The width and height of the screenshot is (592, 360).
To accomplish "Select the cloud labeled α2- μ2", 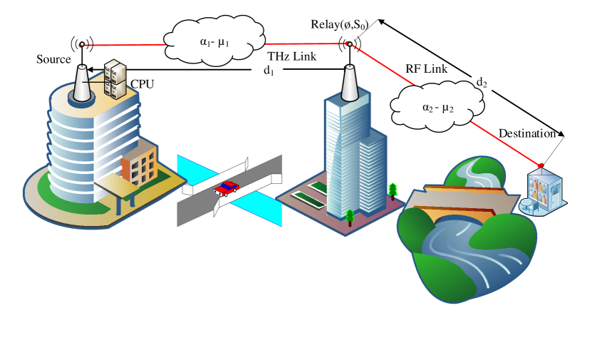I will tap(437, 107).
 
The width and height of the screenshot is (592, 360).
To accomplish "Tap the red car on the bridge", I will tap(227, 188).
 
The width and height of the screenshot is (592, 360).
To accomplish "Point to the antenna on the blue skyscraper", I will tap(349, 84).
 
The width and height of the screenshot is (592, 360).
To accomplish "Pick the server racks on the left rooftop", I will tap(115, 78).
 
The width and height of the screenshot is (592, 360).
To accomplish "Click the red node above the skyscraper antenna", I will tap(348, 44).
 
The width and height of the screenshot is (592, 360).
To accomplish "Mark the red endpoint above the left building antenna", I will tap(82, 45).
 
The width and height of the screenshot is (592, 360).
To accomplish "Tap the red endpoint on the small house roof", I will tap(540, 167).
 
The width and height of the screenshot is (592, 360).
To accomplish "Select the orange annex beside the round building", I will tap(140, 166).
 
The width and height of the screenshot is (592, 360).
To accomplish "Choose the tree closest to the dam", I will tap(393, 190).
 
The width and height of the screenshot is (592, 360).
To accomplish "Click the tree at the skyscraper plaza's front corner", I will tap(350, 217).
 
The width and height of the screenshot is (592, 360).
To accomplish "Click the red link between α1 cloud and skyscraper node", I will tap(306, 43).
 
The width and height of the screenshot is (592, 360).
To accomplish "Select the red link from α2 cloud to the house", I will tap(506, 143).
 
